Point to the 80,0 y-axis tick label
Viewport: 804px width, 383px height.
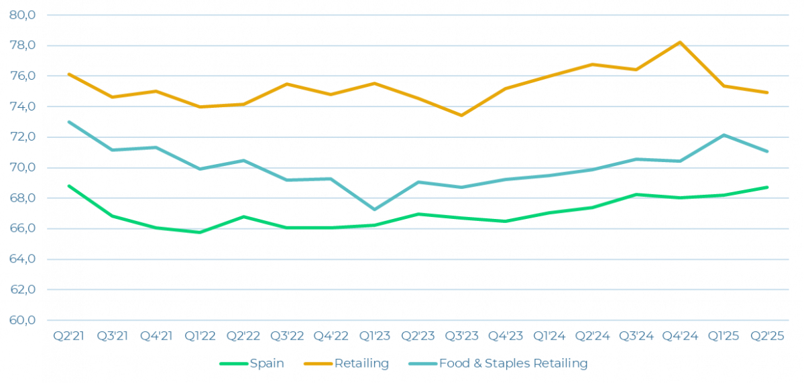[23, 15]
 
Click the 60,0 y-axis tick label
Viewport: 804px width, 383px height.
[23, 320]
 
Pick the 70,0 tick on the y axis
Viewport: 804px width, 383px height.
[23, 167]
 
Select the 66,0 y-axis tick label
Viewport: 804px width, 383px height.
[23, 228]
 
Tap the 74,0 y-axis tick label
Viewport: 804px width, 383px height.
[23, 106]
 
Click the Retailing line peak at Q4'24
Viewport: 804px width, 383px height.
[680, 42]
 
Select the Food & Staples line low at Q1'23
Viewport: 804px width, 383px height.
[374, 210]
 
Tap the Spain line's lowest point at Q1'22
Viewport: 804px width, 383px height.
[199, 232]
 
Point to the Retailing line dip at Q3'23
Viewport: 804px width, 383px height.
[461, 115]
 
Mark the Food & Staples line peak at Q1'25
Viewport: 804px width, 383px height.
[724, 135]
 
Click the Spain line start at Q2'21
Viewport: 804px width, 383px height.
[68, 185]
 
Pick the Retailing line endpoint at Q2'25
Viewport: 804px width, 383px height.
[767, 92]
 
